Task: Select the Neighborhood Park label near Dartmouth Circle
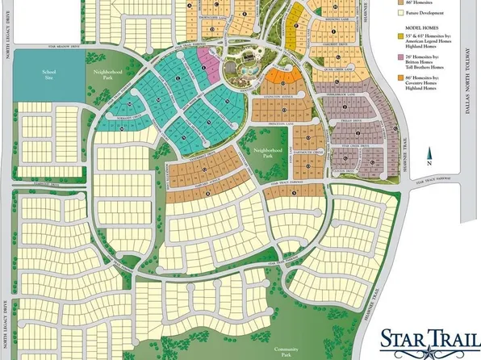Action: click(269, 151)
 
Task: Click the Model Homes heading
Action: click(422, 37)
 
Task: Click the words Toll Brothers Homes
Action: click(427, 69)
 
